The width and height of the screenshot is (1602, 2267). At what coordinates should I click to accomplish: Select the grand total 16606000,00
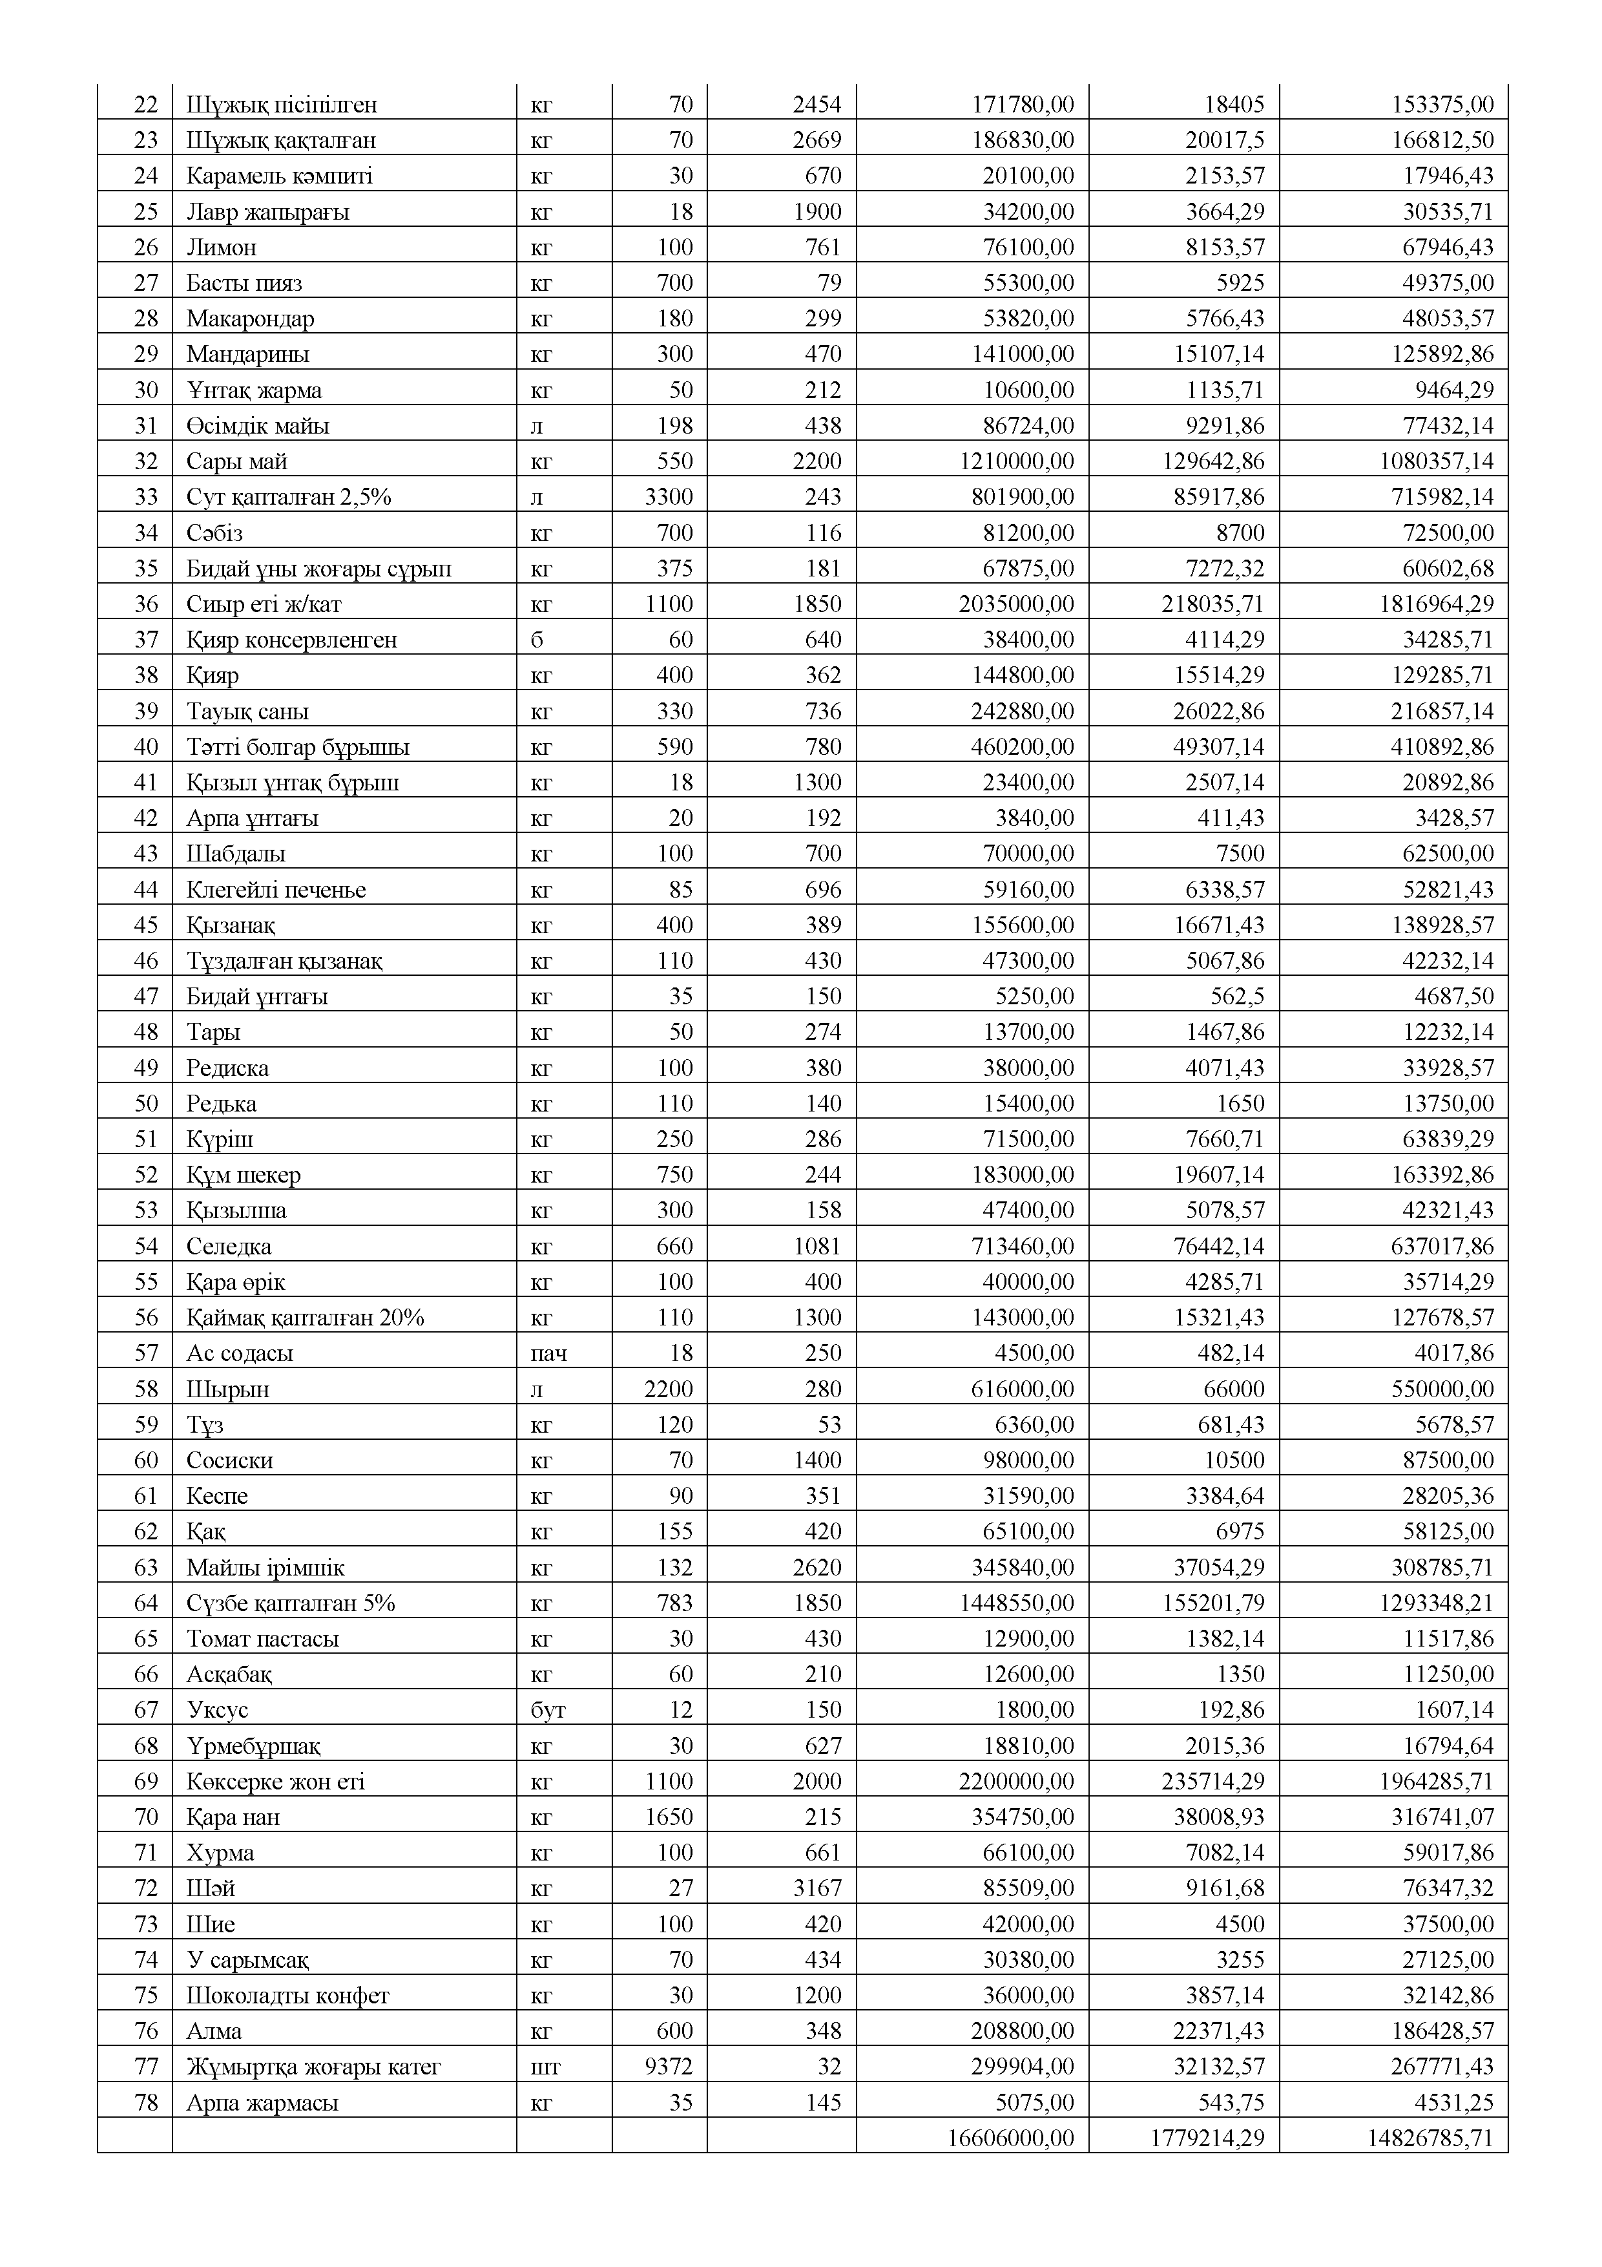1010,2138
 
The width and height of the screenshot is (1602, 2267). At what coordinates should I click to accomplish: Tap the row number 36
146,604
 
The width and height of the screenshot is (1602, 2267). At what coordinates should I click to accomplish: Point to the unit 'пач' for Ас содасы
548,1354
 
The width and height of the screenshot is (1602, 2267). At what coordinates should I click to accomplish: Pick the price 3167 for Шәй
817,1889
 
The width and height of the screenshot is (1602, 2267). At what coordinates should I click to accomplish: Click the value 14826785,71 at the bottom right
1430,2138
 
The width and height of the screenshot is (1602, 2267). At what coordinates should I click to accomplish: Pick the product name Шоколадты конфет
288,1996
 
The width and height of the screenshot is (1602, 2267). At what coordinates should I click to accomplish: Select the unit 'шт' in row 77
545,2067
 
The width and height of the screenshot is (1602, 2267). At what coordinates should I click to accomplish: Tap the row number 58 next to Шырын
146,1389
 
